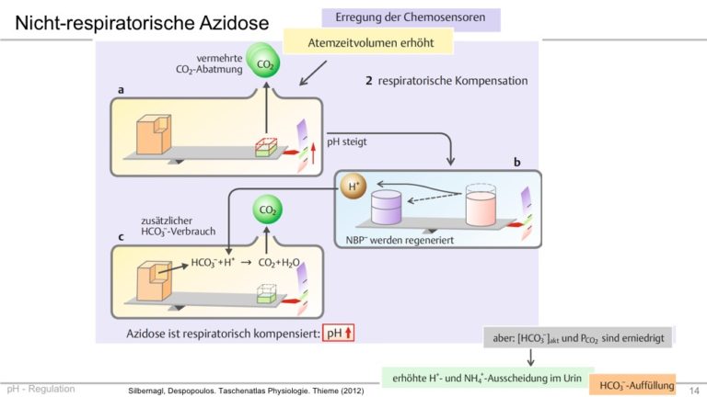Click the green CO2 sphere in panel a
(264, 64)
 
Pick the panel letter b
(516, 161)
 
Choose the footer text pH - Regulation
(41, 389)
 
